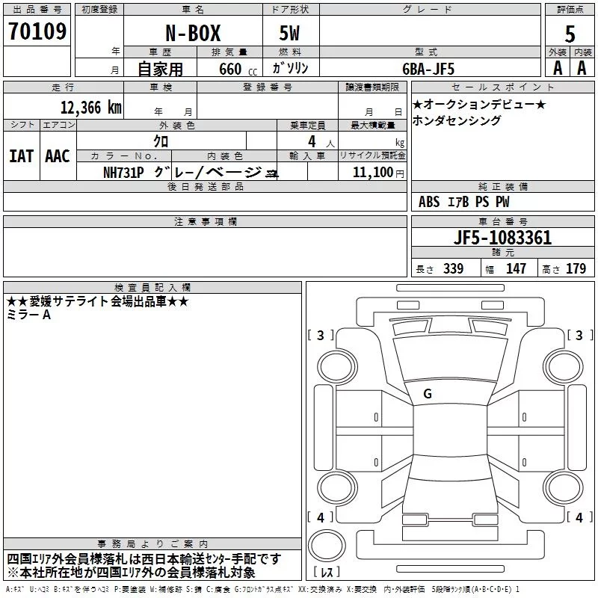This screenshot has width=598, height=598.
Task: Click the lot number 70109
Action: coord(37,31)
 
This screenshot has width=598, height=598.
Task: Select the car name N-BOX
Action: coord(193,33)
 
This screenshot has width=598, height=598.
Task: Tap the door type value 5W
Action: coord(289,33)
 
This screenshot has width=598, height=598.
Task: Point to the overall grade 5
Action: coord(570,34)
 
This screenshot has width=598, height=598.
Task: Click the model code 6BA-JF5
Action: coord(428,69)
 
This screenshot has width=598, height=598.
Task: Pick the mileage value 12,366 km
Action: coord(91,108)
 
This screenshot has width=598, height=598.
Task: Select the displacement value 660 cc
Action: coord(238,69)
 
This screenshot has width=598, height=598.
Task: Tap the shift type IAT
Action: coord(21,156)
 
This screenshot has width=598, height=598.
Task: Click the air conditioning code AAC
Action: coord(58,156)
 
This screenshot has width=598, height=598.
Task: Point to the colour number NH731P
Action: coord(123,173)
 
